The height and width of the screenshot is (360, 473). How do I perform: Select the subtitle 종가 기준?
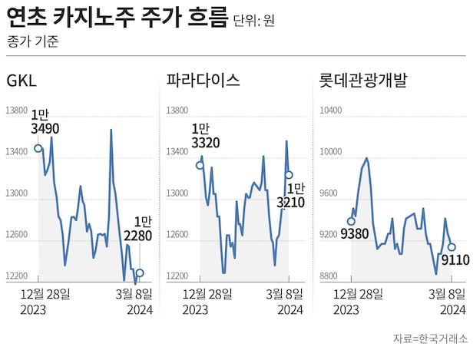[31, 41]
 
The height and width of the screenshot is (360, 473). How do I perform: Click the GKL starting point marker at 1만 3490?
[38, 148]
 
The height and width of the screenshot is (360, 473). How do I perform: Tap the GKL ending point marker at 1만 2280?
[139, 272]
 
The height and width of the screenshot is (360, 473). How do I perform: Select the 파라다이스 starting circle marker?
[200, 165]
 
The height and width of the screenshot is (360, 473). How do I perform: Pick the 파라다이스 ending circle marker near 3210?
[289, 175]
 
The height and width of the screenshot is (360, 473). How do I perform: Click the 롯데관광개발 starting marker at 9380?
[351, 222]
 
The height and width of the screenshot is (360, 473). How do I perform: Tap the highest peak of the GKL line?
[111, 130]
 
